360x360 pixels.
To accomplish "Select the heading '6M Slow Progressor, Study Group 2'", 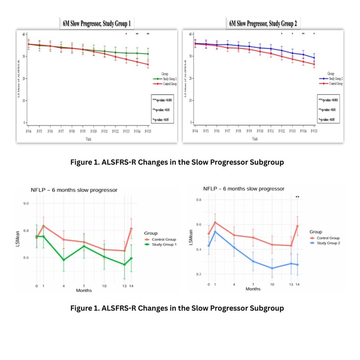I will point(263,23).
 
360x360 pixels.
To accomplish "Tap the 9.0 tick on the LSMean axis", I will point(26,203).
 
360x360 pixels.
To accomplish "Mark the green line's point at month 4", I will point(63,260).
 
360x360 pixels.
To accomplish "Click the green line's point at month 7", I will point(84,246).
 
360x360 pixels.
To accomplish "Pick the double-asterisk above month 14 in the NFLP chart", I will point(297,197).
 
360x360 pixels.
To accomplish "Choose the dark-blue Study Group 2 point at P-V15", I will point(314,58).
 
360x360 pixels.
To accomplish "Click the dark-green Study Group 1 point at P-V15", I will point(148,54).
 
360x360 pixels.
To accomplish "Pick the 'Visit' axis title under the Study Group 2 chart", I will point(255,139).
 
